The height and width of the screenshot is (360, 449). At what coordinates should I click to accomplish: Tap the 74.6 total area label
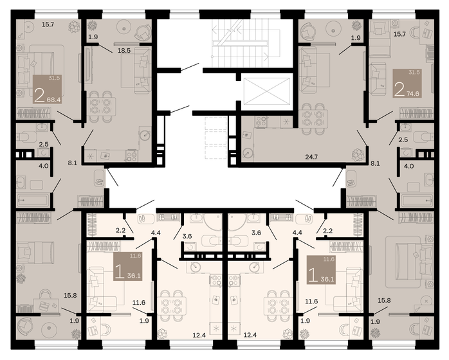[x=416, y=93]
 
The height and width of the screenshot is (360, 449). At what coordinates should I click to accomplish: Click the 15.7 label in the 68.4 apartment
[x=48, y=24]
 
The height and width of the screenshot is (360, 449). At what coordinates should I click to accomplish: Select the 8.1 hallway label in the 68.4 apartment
[x=72, y=163]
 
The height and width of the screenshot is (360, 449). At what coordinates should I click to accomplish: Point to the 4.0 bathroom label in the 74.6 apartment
[x=408, y=166]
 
